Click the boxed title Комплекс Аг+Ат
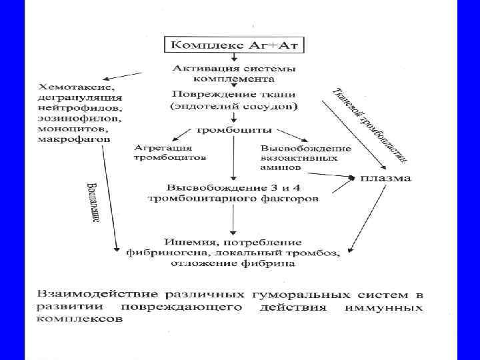pos(231,45)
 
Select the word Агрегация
pos(163,147)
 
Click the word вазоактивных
pos(299,158)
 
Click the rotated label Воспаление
pos(93,203)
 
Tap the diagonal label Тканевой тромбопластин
pos(370,124)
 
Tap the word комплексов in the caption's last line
pos(80,319)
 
